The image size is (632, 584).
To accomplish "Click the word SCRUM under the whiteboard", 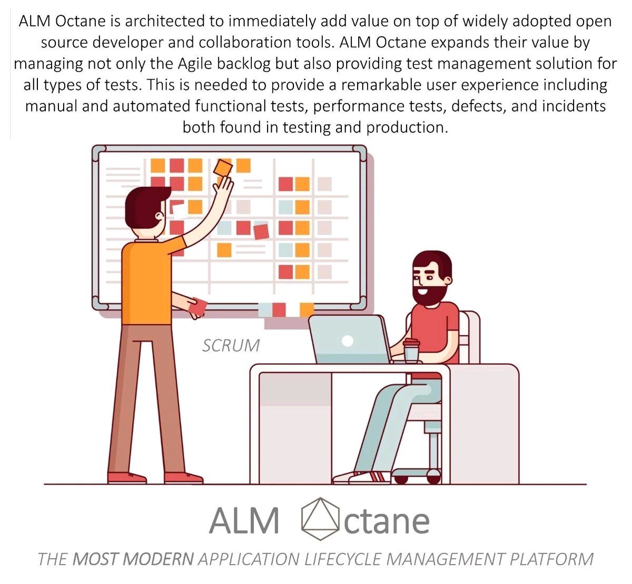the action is click(231, 346).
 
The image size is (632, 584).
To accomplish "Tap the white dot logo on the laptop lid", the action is click(347, 341).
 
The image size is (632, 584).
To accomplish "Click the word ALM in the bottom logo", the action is click(244, 520).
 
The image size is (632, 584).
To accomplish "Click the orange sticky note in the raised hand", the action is click(223, 167).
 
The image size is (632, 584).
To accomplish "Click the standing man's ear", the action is click(160, 216).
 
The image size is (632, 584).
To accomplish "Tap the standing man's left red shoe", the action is click(126, 478).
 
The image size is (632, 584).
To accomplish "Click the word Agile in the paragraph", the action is click(194, 64).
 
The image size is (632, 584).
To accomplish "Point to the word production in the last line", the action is click(407, 128).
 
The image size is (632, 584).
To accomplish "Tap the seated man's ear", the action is click(448, 280).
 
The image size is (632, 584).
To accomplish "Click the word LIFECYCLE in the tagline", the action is click(343, 559).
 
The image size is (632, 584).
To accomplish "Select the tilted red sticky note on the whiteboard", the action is click(261, 231).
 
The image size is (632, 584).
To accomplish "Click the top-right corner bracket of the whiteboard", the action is click(360, 152).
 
